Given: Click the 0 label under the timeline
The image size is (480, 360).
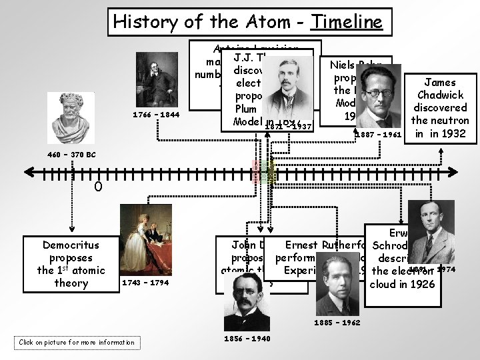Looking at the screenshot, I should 97,189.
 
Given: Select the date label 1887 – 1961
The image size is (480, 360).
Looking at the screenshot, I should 379,135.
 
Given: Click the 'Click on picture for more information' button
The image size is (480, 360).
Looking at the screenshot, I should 77,343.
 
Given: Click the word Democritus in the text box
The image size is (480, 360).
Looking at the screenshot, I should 71,245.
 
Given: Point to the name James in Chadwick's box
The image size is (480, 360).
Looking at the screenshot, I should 440,82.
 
